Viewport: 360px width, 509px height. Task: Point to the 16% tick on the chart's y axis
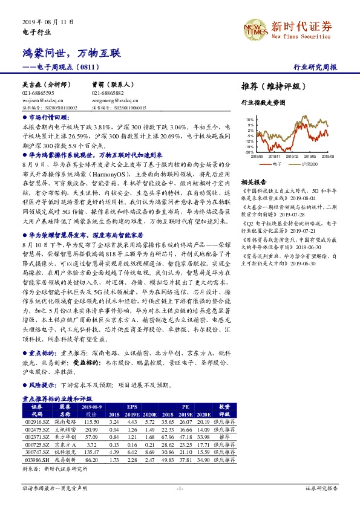[249, 120]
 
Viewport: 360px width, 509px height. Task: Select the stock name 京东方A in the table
[65, 444]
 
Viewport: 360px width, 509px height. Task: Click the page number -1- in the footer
[180, 488]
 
